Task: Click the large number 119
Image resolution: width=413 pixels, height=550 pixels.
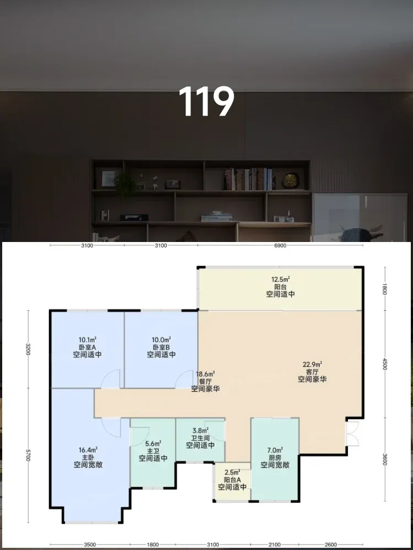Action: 206,102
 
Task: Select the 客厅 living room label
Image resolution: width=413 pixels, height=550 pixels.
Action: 312,372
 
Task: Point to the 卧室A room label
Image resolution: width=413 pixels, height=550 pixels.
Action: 88,347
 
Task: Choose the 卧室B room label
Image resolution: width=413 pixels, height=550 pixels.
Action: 161,347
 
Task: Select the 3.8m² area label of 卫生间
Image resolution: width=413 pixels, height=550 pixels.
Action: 200,431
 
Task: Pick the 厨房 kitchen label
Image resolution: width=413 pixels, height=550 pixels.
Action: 275,458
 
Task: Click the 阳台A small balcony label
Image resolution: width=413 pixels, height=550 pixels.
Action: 232,480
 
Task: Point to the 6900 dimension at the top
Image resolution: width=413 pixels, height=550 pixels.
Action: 280,245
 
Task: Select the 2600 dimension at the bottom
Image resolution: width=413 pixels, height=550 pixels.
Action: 331,544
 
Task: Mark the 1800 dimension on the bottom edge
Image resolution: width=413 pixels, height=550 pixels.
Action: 153,544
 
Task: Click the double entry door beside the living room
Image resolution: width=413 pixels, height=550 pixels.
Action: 352,433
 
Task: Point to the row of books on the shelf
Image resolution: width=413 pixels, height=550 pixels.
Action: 249,179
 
